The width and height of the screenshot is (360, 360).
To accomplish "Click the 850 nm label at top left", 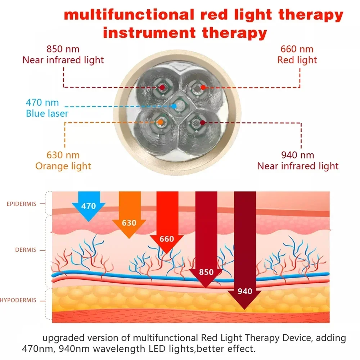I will [x=63, y=49].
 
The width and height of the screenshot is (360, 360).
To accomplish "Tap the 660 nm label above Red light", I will [x=297, y=49].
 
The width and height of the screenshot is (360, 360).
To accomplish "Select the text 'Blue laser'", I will [x=47, y=114].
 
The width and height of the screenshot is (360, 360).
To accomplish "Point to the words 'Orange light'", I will [x=63, y=166].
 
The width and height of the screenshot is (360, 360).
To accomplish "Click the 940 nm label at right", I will [x=297, y=155].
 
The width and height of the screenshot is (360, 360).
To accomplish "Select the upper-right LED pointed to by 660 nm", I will [x=202, y=87].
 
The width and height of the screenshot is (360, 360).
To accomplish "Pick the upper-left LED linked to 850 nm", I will [x=162, y=87].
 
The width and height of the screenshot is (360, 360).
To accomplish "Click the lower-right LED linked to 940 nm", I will [x=202, y=122].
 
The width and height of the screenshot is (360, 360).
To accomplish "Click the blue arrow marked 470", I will [x=89, y=206].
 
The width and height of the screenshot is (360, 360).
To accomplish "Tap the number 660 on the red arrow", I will [x=167, y=239].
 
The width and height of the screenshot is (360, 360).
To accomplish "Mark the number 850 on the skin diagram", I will [x=206, y=272].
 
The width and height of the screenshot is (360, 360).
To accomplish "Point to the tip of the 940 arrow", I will [x=245, y=308].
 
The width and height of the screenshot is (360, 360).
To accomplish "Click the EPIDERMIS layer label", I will [x=22, y=204].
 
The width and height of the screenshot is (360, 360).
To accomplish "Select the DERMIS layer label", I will [x=26, y=249].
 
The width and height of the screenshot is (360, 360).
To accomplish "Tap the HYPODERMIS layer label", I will [x=18, y=300].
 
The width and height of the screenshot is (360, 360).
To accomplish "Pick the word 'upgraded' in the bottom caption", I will [x=64, y=338].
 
